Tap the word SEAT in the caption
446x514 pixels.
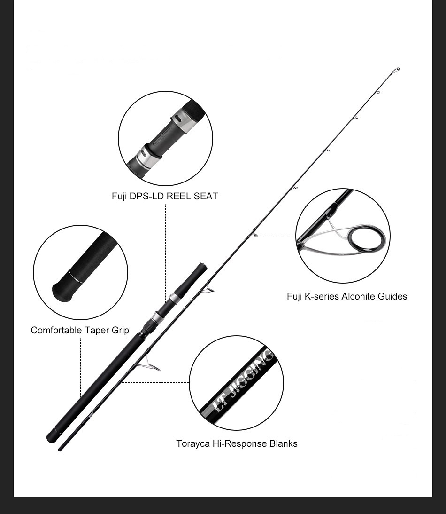pyautogui.click(x=206, y=197)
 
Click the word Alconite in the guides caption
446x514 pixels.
pyautogui.click(x=361, y=296)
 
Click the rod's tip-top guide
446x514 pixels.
pyautogui.click(x=397, y=70)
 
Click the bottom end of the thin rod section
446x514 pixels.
pyautogui.click(x=60, y=450)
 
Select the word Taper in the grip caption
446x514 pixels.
pyautogui.click(x=96, y=330)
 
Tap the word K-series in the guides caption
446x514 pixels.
pyautogui.click(x=323, y=296)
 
